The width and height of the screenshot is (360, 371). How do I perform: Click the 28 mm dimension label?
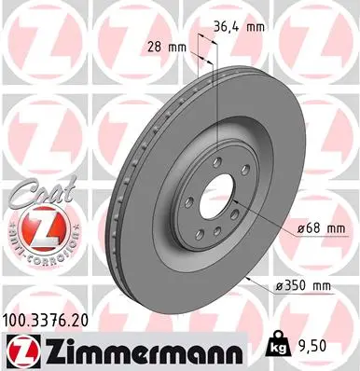tap(163, 46)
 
